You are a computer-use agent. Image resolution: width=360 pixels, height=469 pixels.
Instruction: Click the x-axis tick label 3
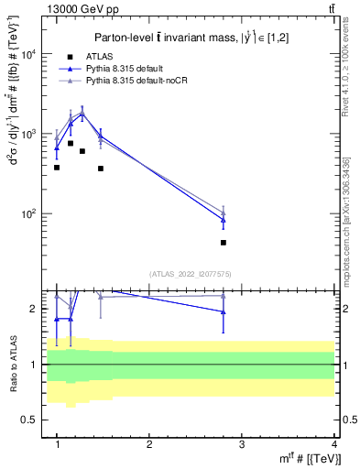coord(241,444)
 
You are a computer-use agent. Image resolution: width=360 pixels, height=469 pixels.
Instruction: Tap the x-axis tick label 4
coord(333,444)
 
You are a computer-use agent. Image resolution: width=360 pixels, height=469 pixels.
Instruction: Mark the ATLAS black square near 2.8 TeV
coord(224,243)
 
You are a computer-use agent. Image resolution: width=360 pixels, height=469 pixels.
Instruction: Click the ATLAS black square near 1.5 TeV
coord(101,169)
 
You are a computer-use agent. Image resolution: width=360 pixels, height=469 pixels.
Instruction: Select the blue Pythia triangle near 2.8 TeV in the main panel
coord(224,220)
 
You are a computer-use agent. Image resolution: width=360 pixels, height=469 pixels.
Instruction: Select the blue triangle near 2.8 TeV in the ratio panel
coord(224,312)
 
